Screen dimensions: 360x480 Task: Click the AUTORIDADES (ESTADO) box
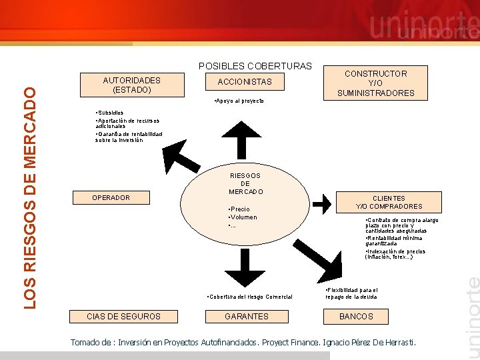(x=132, y=85)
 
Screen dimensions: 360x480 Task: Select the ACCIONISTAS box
(x=245, y=82)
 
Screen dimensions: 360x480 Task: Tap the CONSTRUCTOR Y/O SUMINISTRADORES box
(x=375, y=83)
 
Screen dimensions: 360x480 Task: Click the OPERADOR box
(x=111, y=197)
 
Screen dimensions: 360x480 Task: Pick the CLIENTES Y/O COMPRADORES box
(x=389, y=202)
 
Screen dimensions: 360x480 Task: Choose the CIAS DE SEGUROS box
(x=123, y=316)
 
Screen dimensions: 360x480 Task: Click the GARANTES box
(x=247, y=316)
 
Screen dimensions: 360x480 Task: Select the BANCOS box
(x=356, y=316)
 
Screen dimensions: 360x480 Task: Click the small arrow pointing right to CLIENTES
(x=324, y=201)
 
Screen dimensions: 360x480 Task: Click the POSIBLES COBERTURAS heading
(x=255, y=66)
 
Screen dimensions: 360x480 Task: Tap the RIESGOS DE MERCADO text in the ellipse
(x=245, y=183)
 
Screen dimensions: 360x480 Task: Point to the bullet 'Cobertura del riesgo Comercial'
(x=249, y=297)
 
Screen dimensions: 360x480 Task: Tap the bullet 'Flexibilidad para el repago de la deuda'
(x=351, y=293)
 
